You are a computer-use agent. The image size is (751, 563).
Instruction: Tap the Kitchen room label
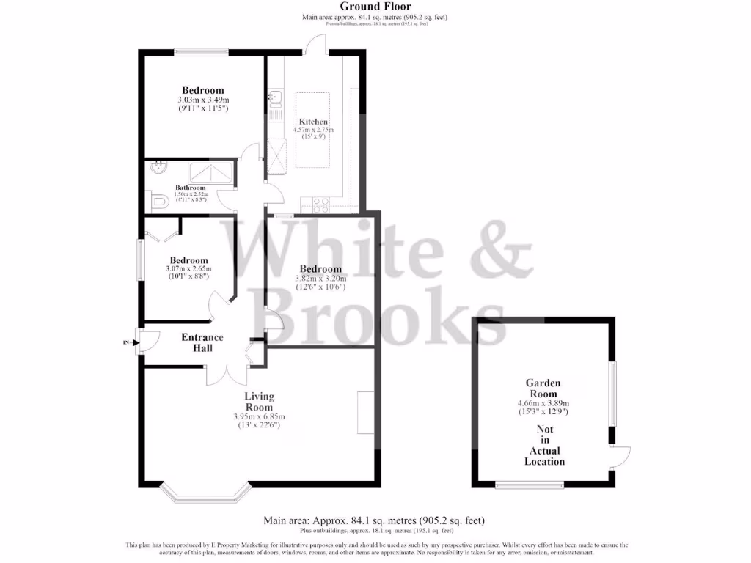click(312, 122)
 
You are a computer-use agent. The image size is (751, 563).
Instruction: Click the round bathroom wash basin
click(156, 168)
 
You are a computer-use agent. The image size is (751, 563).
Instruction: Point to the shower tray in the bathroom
click(210, 173)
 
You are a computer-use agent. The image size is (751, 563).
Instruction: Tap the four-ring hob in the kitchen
click(321, 205)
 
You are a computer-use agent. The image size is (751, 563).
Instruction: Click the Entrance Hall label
click(202, 342)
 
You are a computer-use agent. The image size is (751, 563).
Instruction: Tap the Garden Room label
click(543, 388)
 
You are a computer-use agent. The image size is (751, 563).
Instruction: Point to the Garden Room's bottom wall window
click(530, 484)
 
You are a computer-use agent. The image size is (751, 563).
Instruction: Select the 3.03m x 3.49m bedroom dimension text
click(203, 100)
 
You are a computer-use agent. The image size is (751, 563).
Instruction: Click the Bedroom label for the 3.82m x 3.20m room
click(320, 269)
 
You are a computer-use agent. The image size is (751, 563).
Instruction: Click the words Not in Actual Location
click(544, 446)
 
